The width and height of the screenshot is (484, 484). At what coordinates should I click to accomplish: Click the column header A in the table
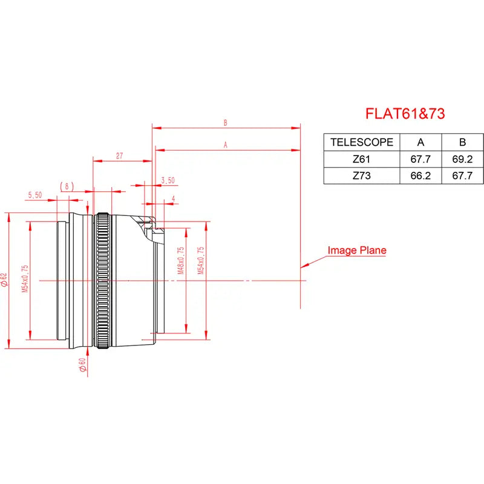pos(421,143)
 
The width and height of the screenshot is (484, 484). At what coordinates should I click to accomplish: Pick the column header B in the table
pos(462,143)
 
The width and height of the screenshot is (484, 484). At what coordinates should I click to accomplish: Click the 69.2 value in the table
pos(462,160)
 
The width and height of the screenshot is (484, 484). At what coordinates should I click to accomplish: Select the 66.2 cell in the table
pos(421,177)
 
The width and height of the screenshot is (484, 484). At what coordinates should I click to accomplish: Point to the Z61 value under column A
pos(421,160)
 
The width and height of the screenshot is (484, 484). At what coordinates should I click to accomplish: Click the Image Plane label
pos(357,250)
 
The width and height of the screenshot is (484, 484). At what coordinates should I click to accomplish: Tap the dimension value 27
pos(120,156)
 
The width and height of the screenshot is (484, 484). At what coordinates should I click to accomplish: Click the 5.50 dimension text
pos(35,195)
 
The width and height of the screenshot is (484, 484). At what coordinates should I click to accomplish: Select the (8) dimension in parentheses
pos(67,186)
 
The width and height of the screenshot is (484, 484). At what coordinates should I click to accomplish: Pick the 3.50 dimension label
pos(168,180)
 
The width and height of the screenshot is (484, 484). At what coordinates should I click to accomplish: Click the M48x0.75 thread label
pos(181,261)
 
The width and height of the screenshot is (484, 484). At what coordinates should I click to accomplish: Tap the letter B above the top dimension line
pos(225,123)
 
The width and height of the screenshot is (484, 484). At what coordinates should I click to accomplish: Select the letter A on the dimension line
pos(226,145)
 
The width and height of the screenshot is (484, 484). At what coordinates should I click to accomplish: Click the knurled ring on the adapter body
pos(103,281)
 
